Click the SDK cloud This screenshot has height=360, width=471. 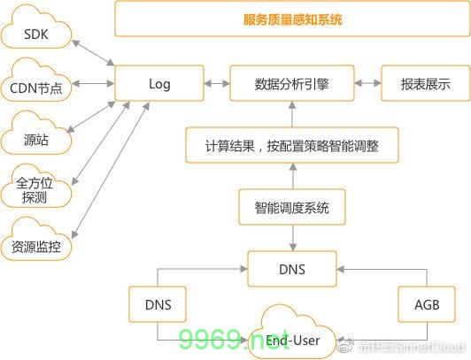tap(36, 36)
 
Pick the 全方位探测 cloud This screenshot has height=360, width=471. tap(36, 188)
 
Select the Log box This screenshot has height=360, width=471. tap(160, 85)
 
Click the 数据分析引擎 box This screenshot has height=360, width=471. tap(291, 85)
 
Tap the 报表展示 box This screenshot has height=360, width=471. tap(425, 85)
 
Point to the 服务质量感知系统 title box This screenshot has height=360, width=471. tap(291, 19)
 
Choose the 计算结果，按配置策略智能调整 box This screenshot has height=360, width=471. tap(291, 143)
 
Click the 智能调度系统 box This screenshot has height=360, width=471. tap(291, 208)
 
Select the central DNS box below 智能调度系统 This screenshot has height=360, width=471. tap(291, 268)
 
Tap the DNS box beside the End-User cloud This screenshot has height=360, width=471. tap(158, 305)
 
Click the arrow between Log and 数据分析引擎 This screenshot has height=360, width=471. tap(215, 85)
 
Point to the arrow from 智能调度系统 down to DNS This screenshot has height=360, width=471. tap(291, 238)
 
